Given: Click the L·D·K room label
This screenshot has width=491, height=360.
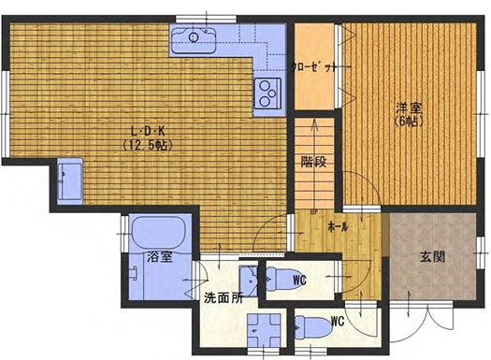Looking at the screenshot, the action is click(x=148, y=131).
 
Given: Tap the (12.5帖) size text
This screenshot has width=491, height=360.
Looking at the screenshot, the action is click(x=148, y=145).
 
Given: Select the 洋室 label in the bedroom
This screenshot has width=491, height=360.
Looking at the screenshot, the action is click(x=410, y=108).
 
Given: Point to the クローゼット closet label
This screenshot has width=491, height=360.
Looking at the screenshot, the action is click(x=314, y=67).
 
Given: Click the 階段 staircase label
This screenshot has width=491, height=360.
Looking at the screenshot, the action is click(x=314, y=162).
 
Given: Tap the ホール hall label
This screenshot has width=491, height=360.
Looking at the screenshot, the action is click(x=338, y=227).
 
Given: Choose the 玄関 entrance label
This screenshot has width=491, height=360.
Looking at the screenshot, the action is click(x=432, y=257).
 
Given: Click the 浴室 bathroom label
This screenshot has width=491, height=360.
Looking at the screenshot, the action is click(x=159, y=257).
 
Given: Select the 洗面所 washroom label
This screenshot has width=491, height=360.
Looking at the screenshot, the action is click(x=224, y=298).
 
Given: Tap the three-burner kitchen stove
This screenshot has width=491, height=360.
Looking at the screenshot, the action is click(x=267, y=93).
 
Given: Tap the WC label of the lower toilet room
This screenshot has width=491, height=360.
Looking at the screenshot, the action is click(x=338, y=321).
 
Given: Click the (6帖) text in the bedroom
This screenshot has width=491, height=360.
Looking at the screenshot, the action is click(x=409, y=122).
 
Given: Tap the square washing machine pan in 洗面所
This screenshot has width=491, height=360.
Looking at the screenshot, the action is click(x=264, y=330).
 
